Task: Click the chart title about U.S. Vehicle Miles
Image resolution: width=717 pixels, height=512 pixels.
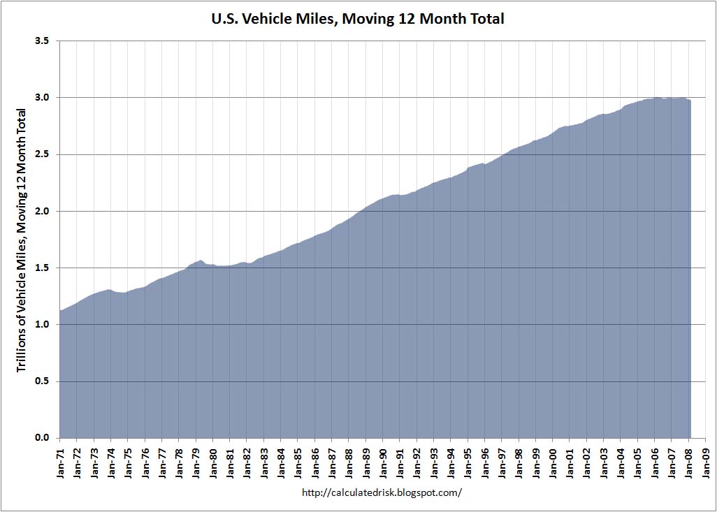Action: pyautogui.click(x=358, y=19)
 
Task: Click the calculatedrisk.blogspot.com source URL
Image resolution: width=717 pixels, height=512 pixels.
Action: pyautogui.click(x=382, y=492)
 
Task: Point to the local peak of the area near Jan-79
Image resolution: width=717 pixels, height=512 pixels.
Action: pyautogui.click(x=201, y=261)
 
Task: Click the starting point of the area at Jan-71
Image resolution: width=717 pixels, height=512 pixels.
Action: pyautogui.click(x=61, y=310)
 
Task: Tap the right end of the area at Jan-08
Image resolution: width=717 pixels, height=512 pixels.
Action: pyautogui.click(x=690, y=101)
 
